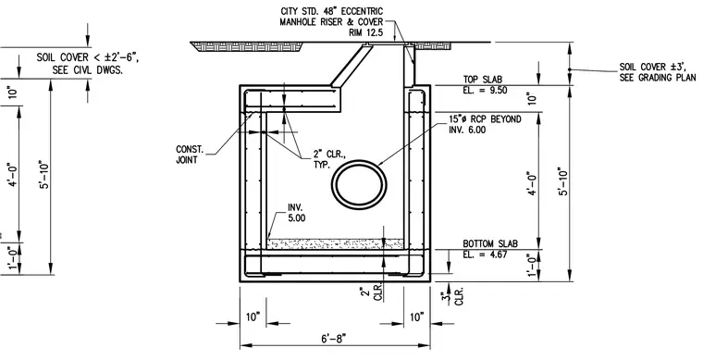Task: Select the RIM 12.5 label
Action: coord(366,32)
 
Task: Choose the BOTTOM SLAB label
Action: coord(490,243)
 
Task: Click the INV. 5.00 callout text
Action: coord(297,213)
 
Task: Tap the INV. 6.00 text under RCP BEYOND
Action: coord(467,130)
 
